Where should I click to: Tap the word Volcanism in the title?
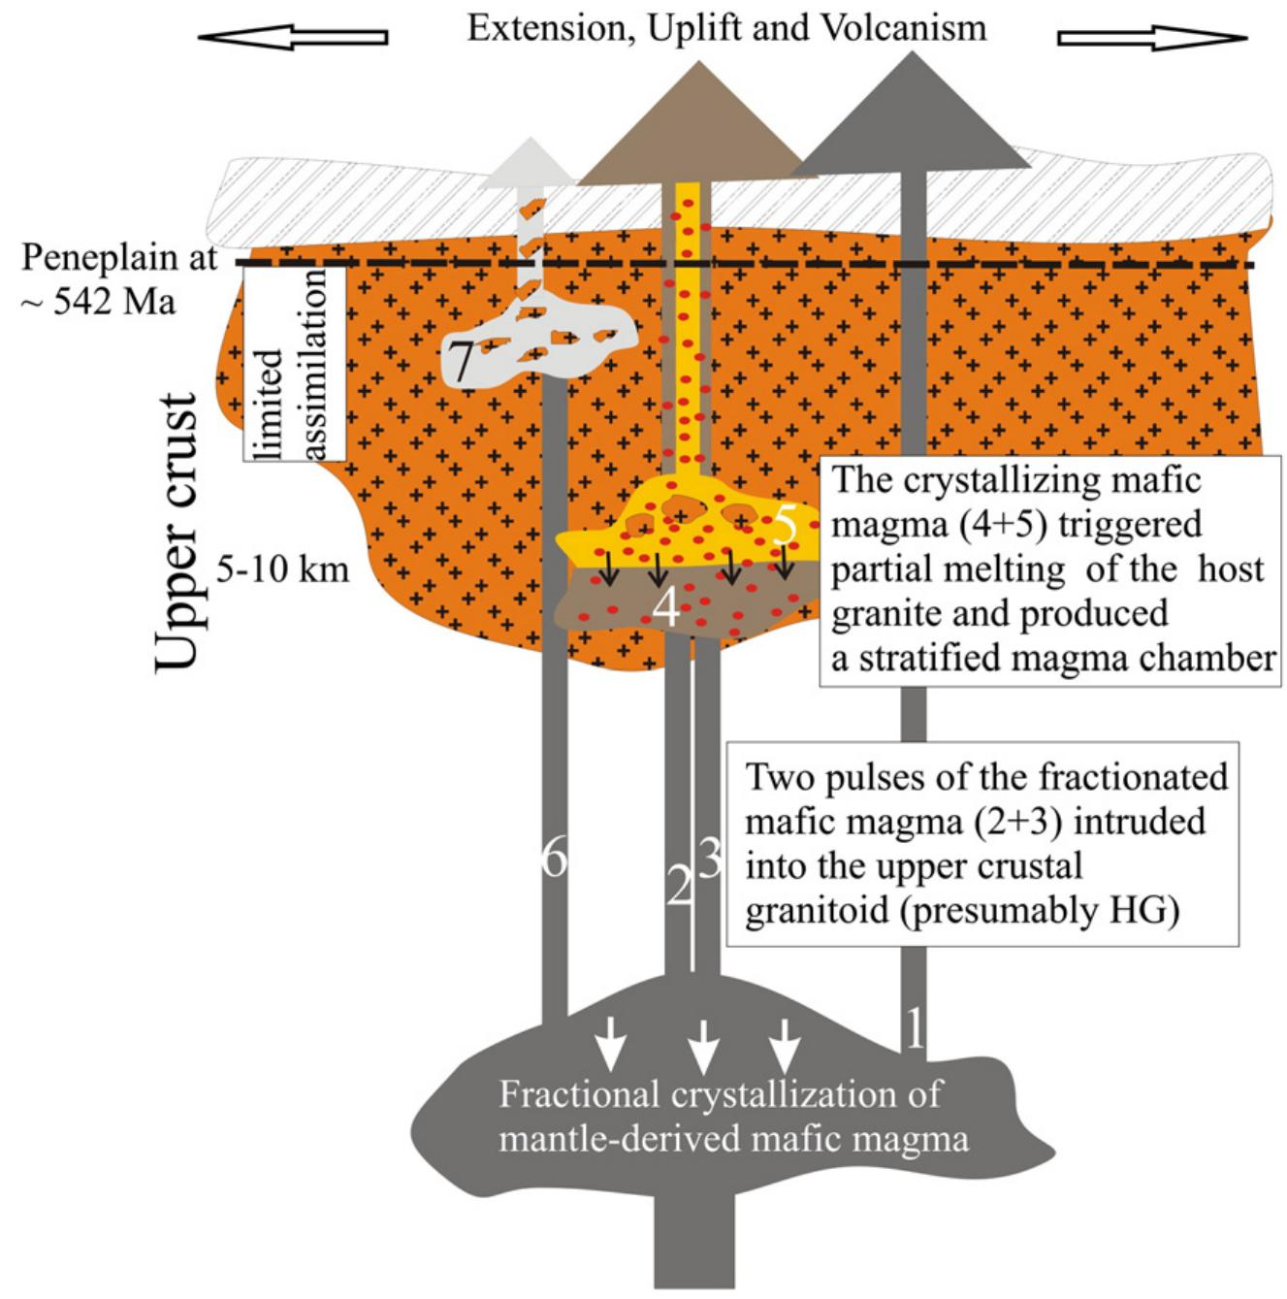coord(904,27)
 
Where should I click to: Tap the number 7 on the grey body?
coord(461,363)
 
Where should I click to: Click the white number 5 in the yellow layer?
coord(787,526)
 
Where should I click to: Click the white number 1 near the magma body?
coord(914,1029)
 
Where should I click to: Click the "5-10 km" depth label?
coord(282,569)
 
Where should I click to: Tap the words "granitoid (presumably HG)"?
coord(961,912)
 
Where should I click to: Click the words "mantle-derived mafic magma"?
coord(733,1137)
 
